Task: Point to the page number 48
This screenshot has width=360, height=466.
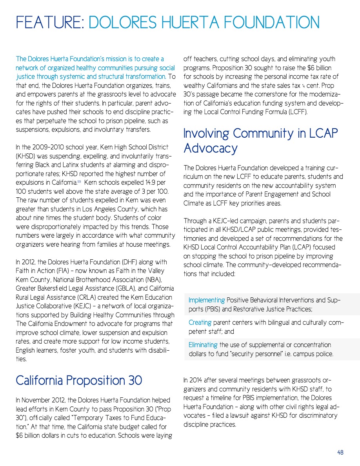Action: [x=340, y=452]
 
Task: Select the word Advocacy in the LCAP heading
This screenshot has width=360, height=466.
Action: [x=211, y=148]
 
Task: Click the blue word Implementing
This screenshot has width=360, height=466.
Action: [x=207, y=300]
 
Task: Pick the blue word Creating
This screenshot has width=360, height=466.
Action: [x=200, y=322]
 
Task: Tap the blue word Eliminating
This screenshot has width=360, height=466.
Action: [x=203, y=345]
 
